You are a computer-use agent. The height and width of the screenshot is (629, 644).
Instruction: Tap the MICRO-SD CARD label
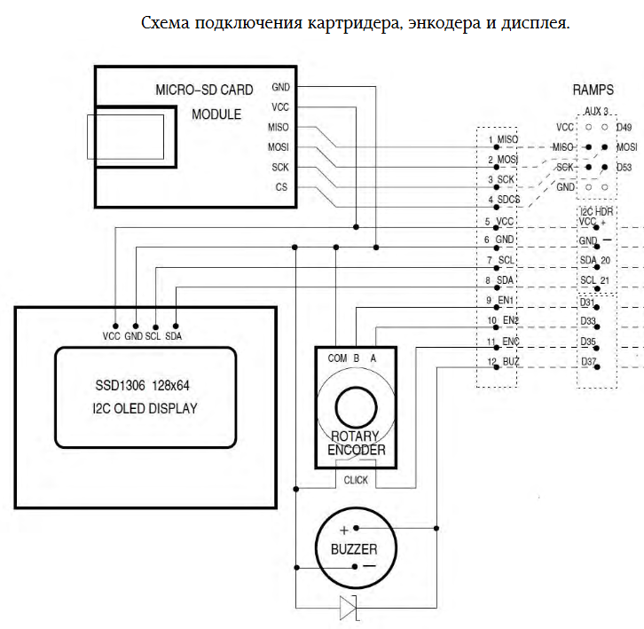[204, 90]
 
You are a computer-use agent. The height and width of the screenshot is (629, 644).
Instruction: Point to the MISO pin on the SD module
[279, 126]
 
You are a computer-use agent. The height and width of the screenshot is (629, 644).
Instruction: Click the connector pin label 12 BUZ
[502, 362]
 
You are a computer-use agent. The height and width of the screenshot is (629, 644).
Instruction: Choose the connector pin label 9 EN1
[502, 301]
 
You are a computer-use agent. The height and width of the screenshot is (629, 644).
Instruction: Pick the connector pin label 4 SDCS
[503, 200]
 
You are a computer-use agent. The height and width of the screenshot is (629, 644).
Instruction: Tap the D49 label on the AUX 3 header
[624, 128]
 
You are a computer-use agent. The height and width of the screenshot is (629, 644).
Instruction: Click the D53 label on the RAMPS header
[624, 167]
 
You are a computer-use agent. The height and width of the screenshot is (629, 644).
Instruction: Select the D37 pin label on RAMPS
[588, 362]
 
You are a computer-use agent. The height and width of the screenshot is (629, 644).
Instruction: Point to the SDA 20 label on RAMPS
[594, 260]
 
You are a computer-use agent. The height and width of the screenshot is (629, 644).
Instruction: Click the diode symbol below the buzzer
[347, 608]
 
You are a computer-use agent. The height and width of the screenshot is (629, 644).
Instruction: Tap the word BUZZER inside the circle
[354, 549]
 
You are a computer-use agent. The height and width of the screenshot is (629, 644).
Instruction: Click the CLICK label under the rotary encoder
[356, 479]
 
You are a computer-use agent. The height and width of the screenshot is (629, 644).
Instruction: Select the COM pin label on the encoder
[337, 358]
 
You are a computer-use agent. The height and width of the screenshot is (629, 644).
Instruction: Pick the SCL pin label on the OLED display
[154, 336]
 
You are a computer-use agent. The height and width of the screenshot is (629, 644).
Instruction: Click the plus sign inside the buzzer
[343, 530]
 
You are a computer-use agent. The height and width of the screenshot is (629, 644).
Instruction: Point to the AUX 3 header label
[596, 113]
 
